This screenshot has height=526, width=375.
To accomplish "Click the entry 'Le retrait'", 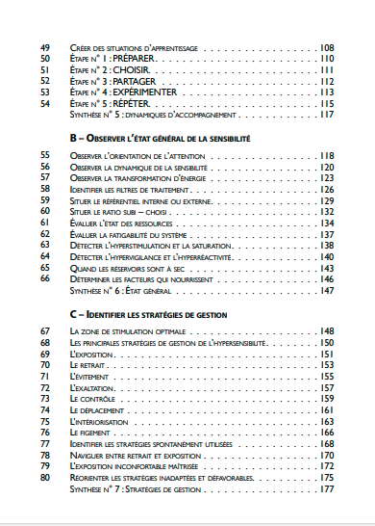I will click(90, 365).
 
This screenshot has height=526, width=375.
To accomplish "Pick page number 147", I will click(326, 290).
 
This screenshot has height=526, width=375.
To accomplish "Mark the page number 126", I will click(326, 190).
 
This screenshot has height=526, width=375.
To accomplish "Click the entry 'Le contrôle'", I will click(93, 399).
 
